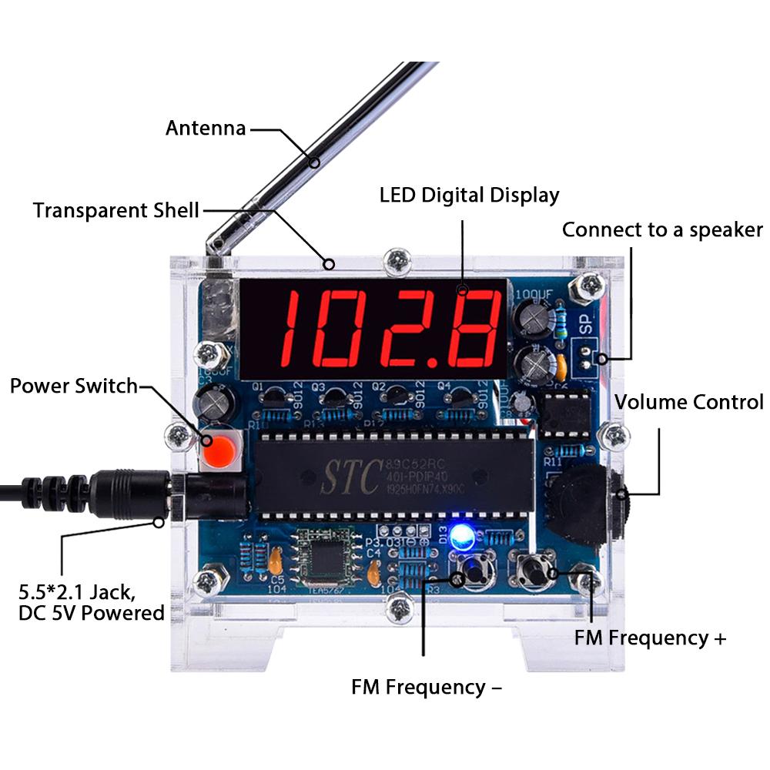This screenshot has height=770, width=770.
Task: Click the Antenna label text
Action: pyautogui.click(x=206, y=128)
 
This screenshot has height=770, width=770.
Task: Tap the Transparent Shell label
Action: pyautogui.click(x=116, y=210)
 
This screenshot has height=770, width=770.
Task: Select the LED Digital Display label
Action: pyautogui.click(x=469, y=195)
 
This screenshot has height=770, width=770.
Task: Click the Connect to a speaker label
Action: pyautogui.click(x=662, y=229)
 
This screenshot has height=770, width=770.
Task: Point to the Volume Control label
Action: pyautogui.click(x=688, y=401)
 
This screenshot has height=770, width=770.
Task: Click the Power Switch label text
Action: pyautogui.click(x=73, y=385)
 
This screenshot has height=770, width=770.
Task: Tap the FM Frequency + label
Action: pyautogui.click(x=650, y=638)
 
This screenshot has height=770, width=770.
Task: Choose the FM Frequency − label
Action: pyautogui.click(x=427, y=686)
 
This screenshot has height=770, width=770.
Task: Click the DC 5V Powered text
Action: pyautogui.click(x=92, y=613)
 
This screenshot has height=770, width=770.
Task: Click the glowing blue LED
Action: pyautogui.click(x=462, y=537)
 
